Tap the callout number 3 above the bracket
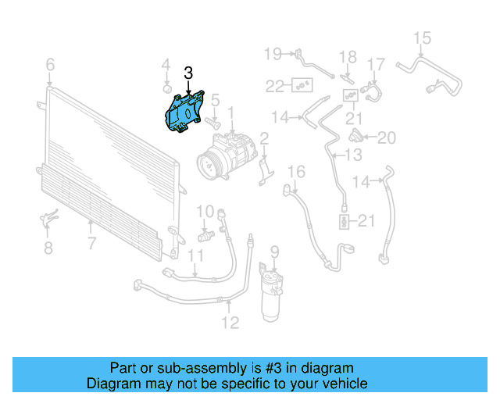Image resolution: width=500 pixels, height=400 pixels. (x=187, y=73)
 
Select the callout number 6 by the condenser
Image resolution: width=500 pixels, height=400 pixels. (x=50, y=63)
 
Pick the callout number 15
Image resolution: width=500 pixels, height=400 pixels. (x=422, y=37)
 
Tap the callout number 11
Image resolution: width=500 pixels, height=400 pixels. (x=195, y=255)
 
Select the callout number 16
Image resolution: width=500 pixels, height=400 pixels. (x=296, y=172)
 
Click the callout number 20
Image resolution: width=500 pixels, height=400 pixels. (x=387, y=138)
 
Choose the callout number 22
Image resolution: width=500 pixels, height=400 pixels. (x=273, y=85)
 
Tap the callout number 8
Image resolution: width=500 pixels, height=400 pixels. (x=48, y=248)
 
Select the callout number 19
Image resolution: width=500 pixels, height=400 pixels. (x=273, y=54)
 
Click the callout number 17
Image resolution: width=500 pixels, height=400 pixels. (x=377, y=64)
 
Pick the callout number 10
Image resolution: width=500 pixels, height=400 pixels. (x=205, y=211)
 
